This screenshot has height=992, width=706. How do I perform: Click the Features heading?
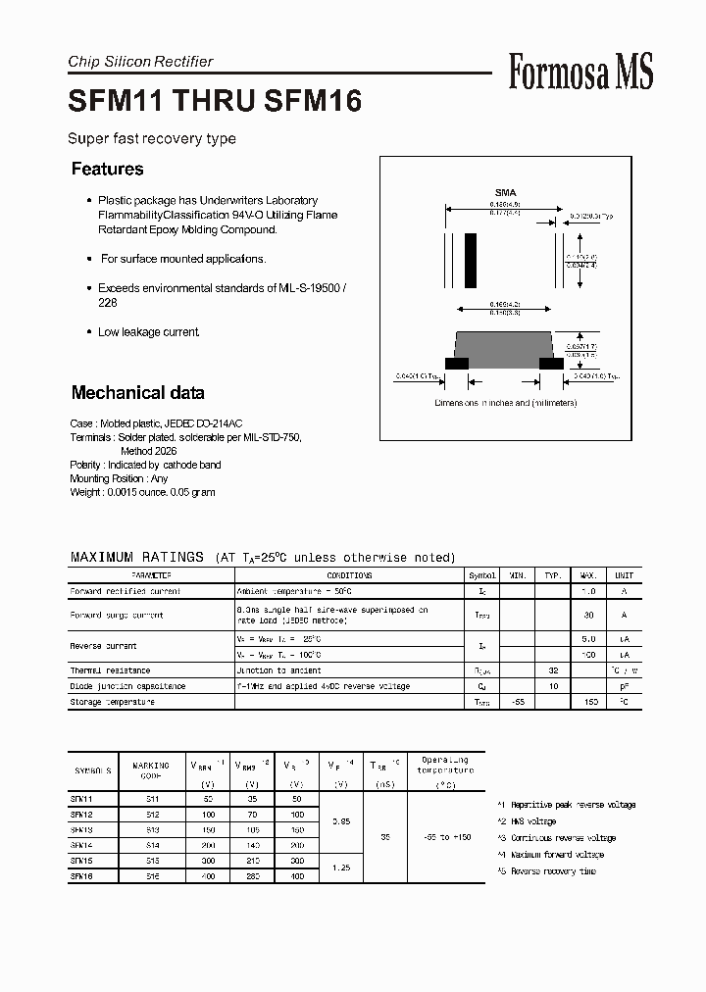(x=107, y=169)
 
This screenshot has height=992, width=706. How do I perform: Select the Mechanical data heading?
(x=137, y=393)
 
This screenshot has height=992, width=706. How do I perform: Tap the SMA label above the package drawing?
(x=505, y=192)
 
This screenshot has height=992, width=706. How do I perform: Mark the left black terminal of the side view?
(x=456, y=363)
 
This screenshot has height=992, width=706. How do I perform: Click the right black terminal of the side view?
(x=552, y=363)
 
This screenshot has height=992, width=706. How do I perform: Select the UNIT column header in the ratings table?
(x=624, y=575)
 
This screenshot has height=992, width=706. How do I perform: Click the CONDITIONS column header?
(x=349, y=575)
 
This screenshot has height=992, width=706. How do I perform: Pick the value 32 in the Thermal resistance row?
(x=552, y=670)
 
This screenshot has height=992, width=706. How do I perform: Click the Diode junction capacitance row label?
(x=127, y=686)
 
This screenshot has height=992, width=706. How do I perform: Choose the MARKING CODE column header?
(x=150, y=769)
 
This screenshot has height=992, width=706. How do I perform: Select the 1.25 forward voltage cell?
(x=342, y=868)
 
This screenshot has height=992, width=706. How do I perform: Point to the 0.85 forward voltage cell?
(x=342, y=821)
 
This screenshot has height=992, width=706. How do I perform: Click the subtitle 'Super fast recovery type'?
(x=152, y=138)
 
